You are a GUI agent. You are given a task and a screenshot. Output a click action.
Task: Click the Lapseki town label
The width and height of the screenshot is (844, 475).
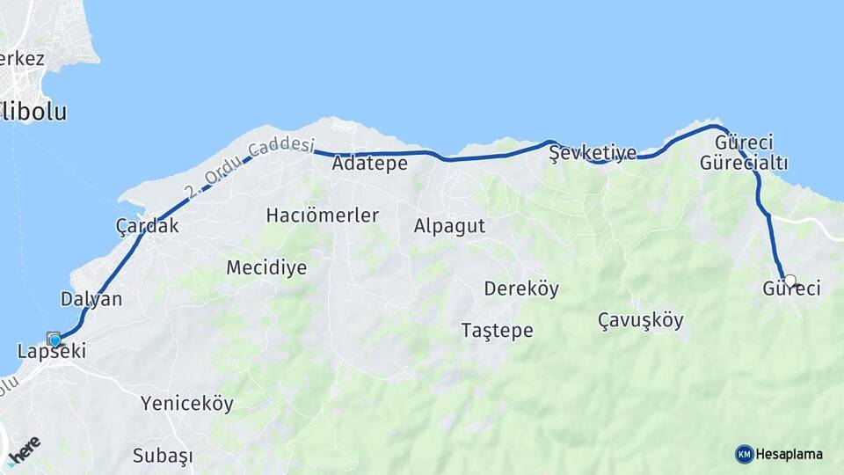click(x=52, y=352)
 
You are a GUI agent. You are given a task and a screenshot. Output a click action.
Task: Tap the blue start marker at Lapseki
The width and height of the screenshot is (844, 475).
click(x=55, y=340)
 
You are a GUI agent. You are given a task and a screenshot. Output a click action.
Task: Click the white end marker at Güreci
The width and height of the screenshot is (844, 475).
click(x=789, y=281)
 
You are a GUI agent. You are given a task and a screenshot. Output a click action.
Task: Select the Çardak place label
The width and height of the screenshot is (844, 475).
click(x=148, y=226)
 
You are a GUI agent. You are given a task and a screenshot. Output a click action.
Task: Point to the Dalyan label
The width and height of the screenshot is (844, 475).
click(x=91, y=299)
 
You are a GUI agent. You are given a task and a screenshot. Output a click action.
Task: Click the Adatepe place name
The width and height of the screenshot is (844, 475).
click(x=370, y=164)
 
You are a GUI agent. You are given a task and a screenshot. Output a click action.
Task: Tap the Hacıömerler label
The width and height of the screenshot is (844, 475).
click(x=323, y=216)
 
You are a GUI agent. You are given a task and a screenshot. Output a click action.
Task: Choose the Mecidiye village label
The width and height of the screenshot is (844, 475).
click(x=266, y=268)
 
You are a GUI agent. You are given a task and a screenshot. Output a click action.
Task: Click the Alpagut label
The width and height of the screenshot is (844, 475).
click(x=449, y=226)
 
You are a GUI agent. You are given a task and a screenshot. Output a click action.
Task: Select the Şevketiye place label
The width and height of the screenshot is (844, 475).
click(x=593, y=153)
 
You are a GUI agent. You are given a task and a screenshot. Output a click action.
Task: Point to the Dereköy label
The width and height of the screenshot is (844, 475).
click(x=521, y=289)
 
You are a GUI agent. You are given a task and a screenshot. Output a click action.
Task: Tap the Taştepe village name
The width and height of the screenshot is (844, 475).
click(x=498, y=331)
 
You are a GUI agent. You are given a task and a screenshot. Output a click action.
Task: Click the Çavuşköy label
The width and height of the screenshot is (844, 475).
click(x=640, y=319)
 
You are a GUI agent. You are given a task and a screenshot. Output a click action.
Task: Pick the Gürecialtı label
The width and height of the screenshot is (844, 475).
click(x=744, y=163)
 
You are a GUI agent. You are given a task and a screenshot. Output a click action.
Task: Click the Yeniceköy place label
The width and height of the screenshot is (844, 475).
click(x=187, y=404)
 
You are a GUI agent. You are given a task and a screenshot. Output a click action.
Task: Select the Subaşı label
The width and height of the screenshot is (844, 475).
click(x=163, y=457)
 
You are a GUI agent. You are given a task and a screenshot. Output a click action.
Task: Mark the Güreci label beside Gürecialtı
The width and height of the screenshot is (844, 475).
click(x=744, y=142)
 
